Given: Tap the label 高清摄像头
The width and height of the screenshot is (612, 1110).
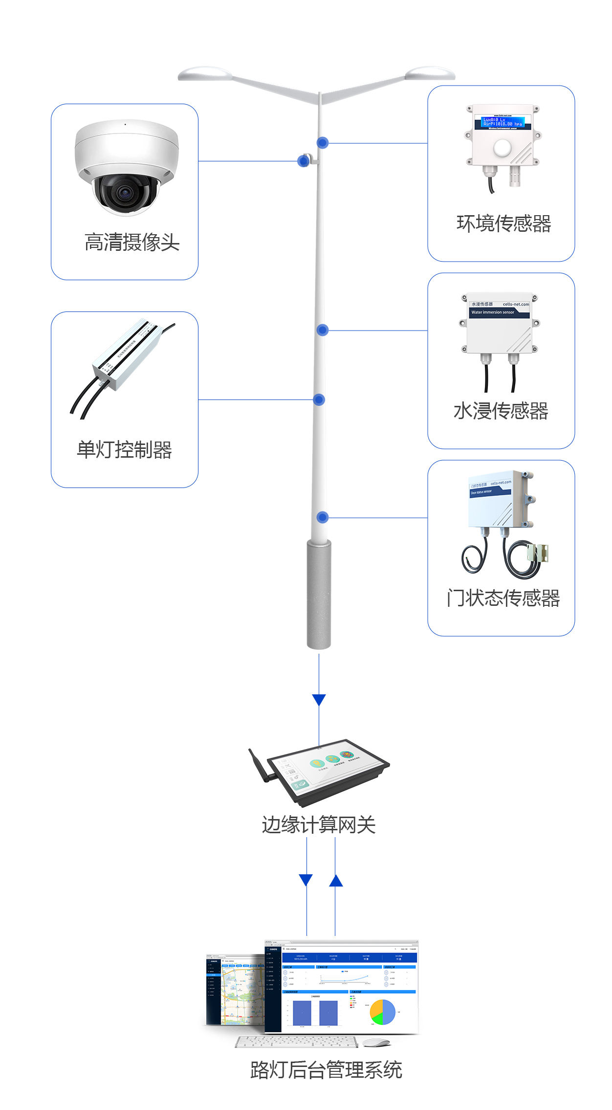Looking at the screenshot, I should [132, 242].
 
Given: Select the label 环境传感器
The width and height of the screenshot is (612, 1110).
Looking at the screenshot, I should [503, 223].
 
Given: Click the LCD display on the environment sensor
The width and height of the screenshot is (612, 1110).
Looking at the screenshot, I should [503, 122].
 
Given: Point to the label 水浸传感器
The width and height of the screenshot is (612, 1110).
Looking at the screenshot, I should [501, 411].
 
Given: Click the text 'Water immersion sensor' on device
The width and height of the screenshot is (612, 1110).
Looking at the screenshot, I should [493, 312].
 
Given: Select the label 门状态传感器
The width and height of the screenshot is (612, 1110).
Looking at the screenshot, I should [503, 598].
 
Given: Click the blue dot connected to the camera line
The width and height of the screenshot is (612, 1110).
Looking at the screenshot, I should [304, 161].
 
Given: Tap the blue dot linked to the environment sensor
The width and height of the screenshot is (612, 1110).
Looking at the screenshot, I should [322, 143].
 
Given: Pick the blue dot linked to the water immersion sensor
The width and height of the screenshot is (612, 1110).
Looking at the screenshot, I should [322, 330].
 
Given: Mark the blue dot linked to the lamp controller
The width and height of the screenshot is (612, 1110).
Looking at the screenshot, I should [319, 400].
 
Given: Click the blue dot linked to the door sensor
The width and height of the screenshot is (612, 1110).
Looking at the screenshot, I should [322, 517].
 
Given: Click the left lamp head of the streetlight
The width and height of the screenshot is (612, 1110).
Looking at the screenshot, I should [205, 74].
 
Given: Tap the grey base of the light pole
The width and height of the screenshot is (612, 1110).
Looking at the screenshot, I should [319, 594].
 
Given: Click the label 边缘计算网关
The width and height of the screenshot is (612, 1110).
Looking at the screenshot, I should [319, 825].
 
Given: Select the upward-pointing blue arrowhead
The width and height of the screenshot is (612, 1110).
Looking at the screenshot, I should [336, 881].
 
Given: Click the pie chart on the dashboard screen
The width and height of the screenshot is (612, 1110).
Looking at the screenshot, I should [383, 1012].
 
